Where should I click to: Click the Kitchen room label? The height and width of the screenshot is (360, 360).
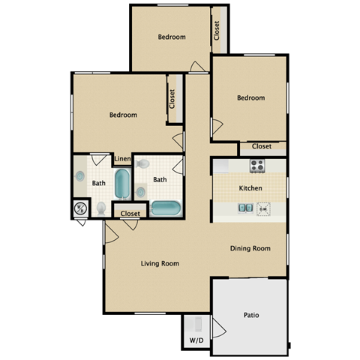[250, 187]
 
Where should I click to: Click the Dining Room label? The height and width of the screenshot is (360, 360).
[250, 248]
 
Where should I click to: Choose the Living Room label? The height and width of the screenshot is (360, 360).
[160, 263]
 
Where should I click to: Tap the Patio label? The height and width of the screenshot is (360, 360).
[250, 315]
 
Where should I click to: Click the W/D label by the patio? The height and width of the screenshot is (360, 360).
[196, 340]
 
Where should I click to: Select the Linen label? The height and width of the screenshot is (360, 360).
[122, 160]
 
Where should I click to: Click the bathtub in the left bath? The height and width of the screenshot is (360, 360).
[121, 184]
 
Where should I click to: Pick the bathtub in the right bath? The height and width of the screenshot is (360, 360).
[165, 208]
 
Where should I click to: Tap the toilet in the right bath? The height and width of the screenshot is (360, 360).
[143, 163]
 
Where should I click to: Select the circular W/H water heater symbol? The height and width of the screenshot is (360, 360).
[80, 209]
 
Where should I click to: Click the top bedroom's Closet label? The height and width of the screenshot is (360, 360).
[217, 30]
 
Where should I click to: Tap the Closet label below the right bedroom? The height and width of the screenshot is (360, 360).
[262, 146]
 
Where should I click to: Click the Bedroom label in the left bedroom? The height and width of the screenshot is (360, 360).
[123, 115]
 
